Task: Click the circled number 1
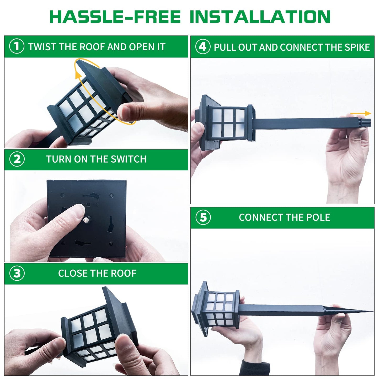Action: [17, 46]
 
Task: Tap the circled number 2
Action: [17, 159]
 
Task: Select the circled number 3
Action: [17, 273]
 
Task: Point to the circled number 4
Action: [203, 47]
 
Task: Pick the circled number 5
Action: [203, 217]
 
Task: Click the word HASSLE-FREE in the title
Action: [115, 17]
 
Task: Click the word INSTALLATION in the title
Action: [260, 17]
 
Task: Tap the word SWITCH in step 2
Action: [129, 159]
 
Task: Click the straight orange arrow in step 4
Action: [361, 114]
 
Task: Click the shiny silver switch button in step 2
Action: [87, 220]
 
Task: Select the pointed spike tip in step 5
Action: [373, 312]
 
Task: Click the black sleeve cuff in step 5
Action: [256, 367]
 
